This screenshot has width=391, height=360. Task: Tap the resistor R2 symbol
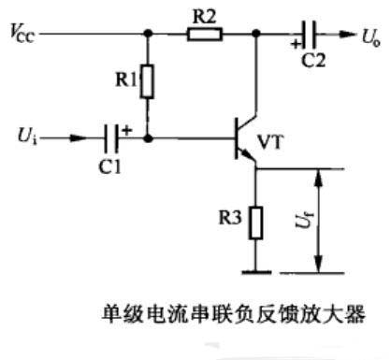(204, 36)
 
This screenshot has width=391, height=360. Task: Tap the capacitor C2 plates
(311, 36)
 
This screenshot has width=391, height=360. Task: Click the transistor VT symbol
(245, 141)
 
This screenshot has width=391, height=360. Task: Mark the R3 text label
(229, 222)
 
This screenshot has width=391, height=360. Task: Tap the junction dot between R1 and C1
(148, 140)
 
